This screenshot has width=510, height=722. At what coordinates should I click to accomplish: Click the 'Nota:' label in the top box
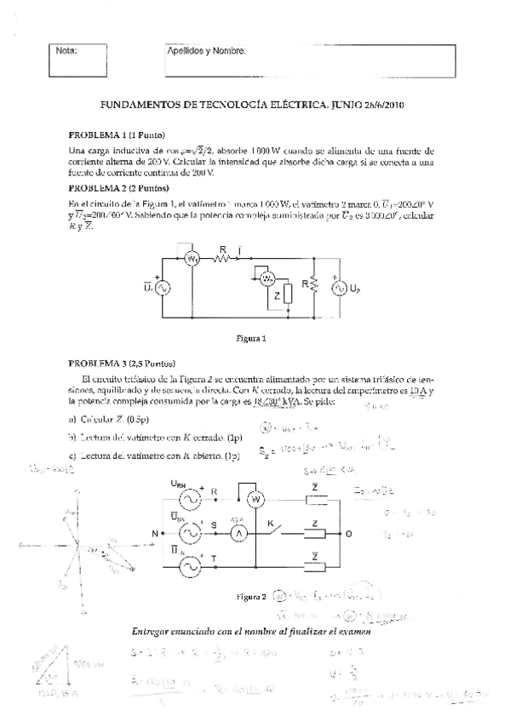coord(66,50)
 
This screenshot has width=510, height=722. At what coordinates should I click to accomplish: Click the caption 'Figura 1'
coord(251,338)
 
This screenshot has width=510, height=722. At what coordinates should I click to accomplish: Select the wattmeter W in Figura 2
coord(252,499)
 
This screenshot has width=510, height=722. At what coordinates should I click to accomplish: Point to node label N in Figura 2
coord(156,533)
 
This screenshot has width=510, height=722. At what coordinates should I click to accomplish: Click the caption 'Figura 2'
coord(252,597)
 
